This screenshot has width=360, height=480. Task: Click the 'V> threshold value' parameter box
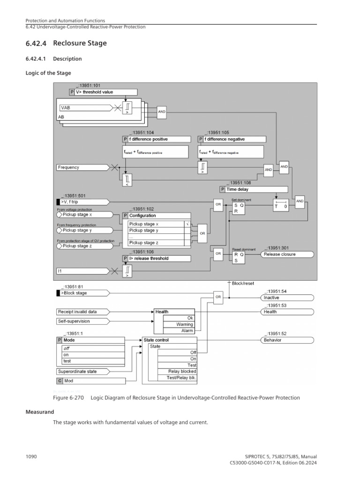pos(106,92)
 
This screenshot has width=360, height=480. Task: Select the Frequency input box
pos(82,167)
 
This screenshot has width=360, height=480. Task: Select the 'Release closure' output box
pos(286,255)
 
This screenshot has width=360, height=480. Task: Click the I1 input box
pos(82,271)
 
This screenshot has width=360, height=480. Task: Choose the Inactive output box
pos(286,297)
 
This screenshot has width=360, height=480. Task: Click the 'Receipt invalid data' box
pos(82,311)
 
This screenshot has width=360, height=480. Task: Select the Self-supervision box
pos(82,322)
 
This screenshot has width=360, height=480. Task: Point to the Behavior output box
pos(286,340)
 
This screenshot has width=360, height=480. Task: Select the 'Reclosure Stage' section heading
pos(80,44)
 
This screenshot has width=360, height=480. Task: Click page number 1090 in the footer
pos(31,457)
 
